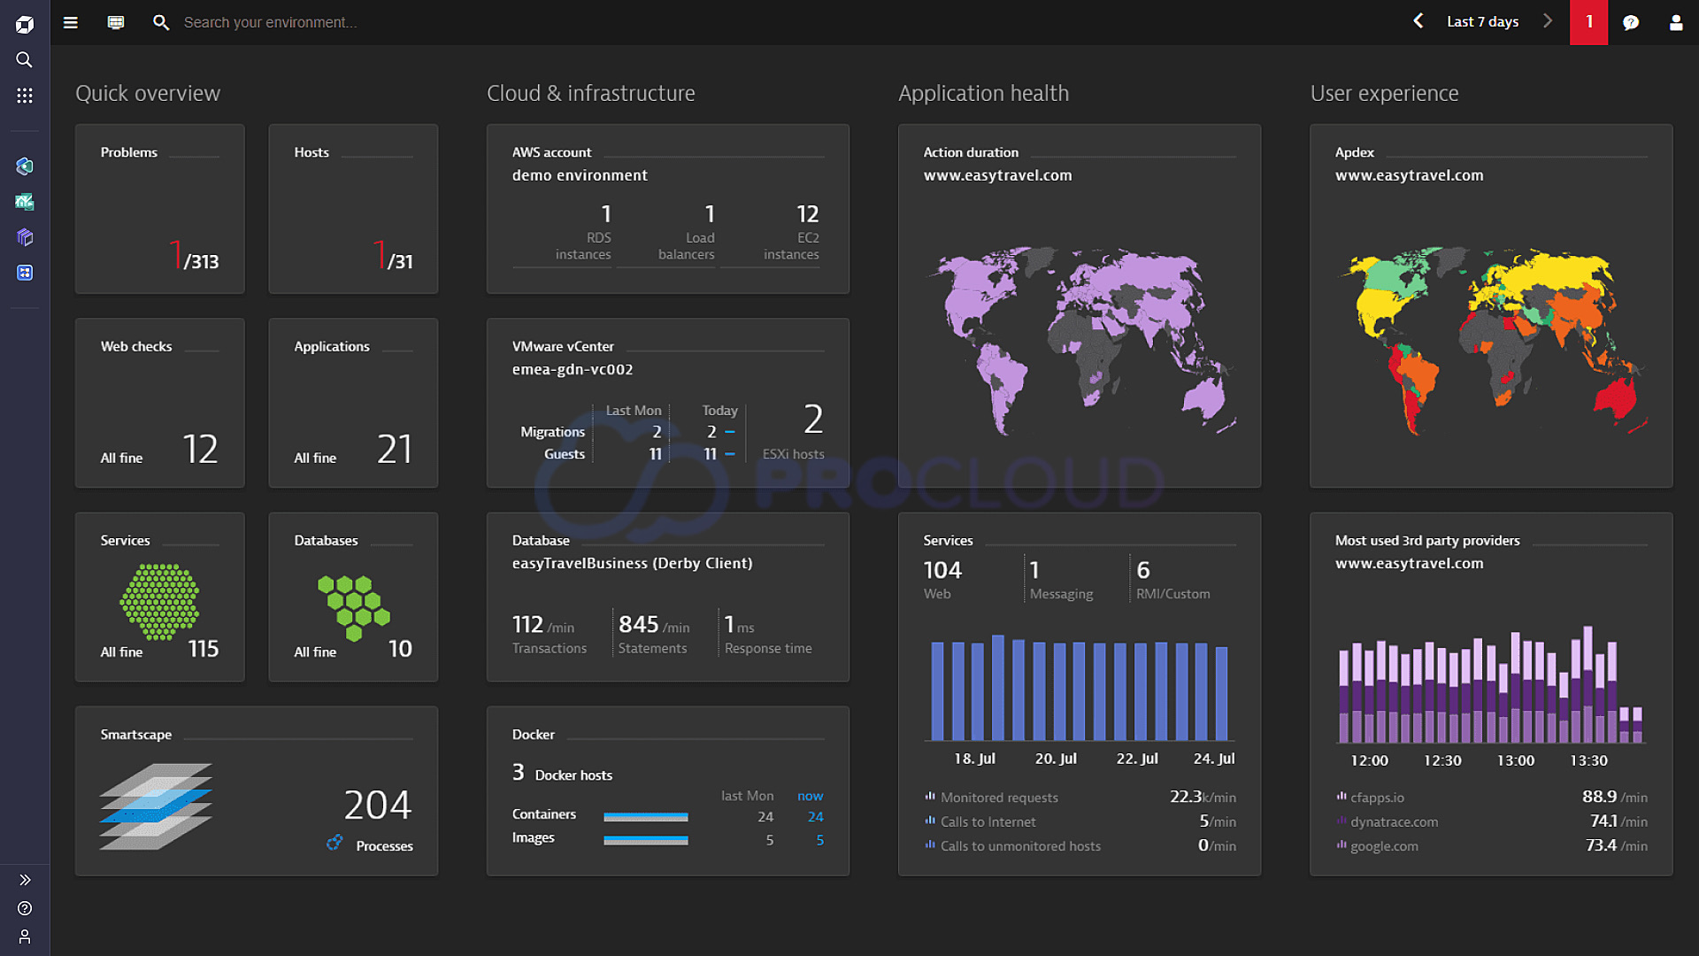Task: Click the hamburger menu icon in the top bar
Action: (71, 23)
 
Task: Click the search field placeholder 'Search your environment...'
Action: (270, 23)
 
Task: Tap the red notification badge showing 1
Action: (1588, 22)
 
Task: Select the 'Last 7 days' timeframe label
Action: (1482, 22)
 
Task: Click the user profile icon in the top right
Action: (1675, 23)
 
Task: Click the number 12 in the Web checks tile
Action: (200, 449)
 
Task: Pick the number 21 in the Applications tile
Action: (395, 449)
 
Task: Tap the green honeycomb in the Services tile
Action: (159, 602)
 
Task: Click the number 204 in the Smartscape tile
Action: (378, 805)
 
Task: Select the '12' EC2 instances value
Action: (807, 214)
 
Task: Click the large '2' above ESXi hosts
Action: (813, 419)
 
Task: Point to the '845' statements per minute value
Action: (639, 624)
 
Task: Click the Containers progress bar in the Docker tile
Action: (645, 817)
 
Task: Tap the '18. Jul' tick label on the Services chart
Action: (974, 759)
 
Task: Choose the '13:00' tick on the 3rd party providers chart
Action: (1515, 760)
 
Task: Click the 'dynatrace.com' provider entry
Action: (1394, 821)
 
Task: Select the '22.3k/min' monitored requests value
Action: (1203, 797)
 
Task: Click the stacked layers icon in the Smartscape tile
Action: (156, 806)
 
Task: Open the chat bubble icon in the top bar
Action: (1631, 23)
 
